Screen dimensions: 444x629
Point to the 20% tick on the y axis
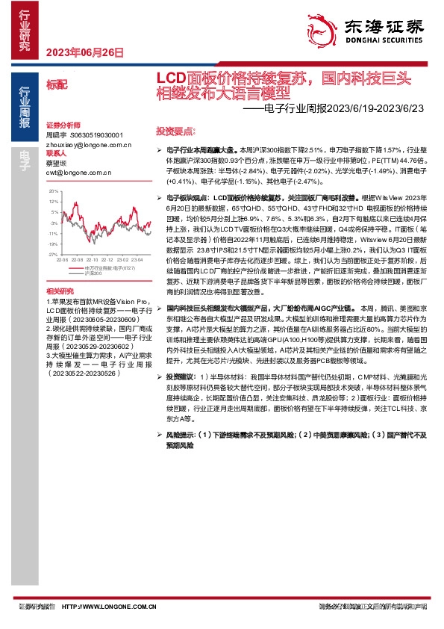click(52, 192)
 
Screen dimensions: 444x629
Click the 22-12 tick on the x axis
click(106, 259)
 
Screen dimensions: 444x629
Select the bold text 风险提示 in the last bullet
click(180, 433)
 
